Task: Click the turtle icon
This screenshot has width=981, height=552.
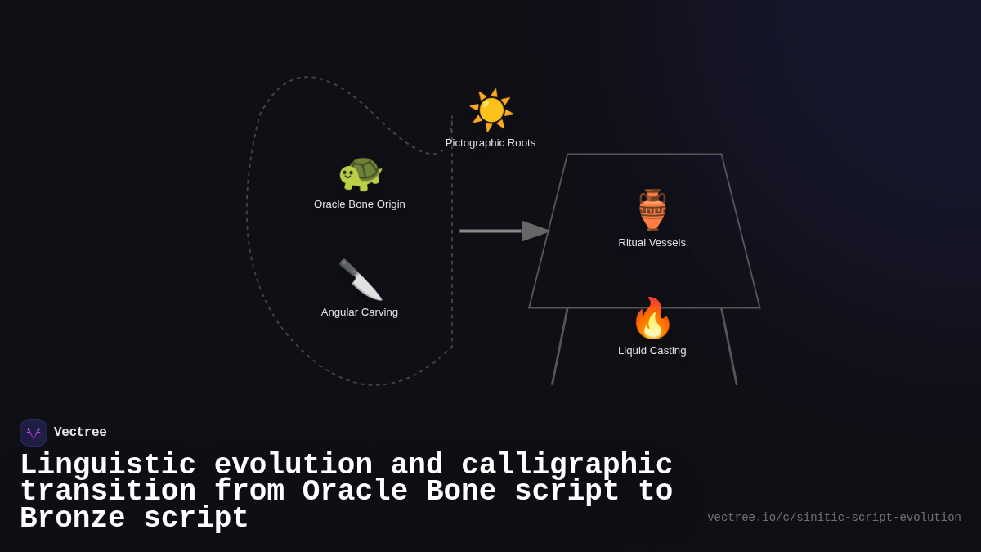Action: click(360, 173)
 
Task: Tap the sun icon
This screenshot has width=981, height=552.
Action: click(490, 110)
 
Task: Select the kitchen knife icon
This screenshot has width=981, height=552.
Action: click(360, 280)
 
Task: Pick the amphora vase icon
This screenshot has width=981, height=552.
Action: click(652, 210)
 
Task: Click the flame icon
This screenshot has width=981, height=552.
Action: click(652, 318)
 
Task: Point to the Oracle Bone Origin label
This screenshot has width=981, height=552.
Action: click(360, 204)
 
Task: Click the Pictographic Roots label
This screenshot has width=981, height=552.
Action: click(490, 143)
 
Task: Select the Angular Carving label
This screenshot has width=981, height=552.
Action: click(360, 312)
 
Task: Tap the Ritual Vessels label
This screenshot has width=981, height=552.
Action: click(652, 243)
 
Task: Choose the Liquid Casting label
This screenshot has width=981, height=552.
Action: click(652, 351)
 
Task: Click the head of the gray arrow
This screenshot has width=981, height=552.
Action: click(535, 231)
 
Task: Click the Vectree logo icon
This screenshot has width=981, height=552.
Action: click(34, 433)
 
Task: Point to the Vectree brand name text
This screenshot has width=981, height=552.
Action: click(80, 433)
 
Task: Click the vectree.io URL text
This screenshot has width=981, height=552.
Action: click(834, 518)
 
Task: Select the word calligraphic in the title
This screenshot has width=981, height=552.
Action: click(567, 465)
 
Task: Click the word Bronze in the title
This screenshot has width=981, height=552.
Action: click(72, 518)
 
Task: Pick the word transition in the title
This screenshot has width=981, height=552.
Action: click(108, 491)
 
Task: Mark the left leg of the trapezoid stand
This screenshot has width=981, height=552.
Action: click(559, 347)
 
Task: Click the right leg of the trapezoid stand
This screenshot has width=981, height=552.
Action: click(729, 347)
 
